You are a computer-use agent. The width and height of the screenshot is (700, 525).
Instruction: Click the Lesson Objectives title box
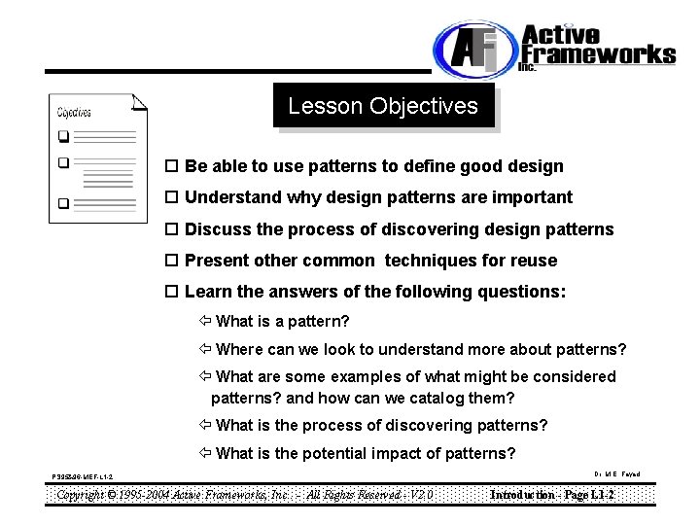pos(383,106)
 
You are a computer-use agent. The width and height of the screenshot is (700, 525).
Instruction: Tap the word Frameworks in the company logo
pos(598,52)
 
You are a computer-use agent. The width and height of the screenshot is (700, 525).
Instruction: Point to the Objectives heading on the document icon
pos(75,113)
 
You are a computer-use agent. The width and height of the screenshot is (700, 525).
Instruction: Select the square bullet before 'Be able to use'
pos(172,167)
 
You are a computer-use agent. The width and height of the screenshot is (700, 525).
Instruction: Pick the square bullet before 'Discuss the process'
pos(172,230)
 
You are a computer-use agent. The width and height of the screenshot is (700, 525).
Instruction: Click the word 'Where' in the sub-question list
pos(239,349)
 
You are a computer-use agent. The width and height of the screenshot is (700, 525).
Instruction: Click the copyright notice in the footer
pos(244,494)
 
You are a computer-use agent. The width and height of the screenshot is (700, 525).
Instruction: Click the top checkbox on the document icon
pos(63,135)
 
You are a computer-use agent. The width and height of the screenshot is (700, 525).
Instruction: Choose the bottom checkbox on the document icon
pos(63,204)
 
